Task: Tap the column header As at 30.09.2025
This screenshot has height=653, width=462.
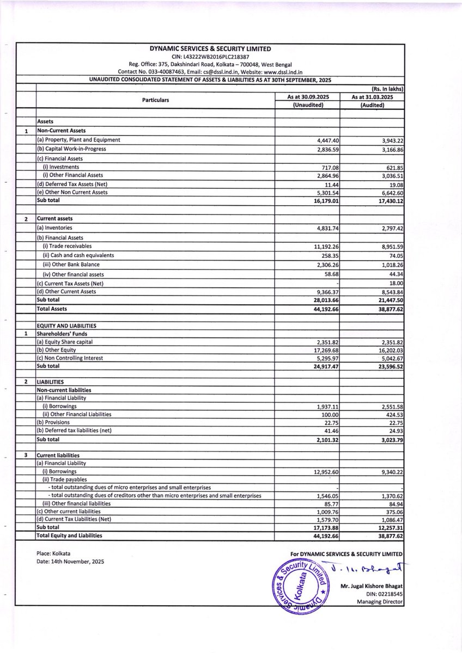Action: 307,97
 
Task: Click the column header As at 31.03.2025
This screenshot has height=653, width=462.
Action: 373,97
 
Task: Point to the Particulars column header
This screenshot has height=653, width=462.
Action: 155,101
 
